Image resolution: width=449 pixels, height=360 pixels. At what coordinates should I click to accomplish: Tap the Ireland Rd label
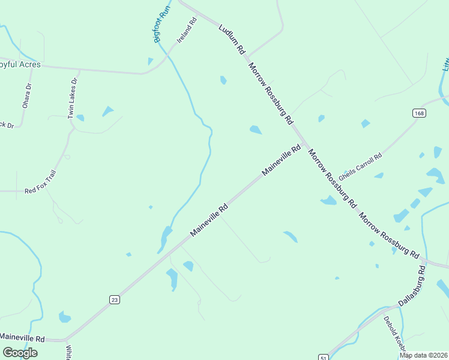(187, 31)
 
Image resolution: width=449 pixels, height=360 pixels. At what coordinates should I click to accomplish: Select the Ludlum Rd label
(232, 38)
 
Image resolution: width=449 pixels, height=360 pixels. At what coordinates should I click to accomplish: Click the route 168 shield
(419, 113)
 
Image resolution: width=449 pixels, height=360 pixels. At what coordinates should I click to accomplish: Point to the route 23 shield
(115, 299)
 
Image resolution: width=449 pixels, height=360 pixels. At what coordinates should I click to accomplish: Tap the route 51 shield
(324, 356)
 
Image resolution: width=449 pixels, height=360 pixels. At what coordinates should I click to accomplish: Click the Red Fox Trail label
(40, 191)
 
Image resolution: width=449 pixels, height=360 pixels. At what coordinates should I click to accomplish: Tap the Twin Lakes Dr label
(73, 98)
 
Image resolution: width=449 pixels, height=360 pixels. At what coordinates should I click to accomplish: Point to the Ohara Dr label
(26, 95)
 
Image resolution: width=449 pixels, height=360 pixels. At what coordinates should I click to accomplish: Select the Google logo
(20, 353)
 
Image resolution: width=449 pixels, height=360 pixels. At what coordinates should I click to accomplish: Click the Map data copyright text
(423, 355)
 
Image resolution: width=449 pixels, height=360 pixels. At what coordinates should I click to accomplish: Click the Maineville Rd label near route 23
(209, 220)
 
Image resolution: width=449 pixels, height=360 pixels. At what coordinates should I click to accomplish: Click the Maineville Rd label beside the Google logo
(23, 338)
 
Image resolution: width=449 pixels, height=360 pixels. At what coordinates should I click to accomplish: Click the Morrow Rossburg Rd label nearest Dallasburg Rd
(389, 235)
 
